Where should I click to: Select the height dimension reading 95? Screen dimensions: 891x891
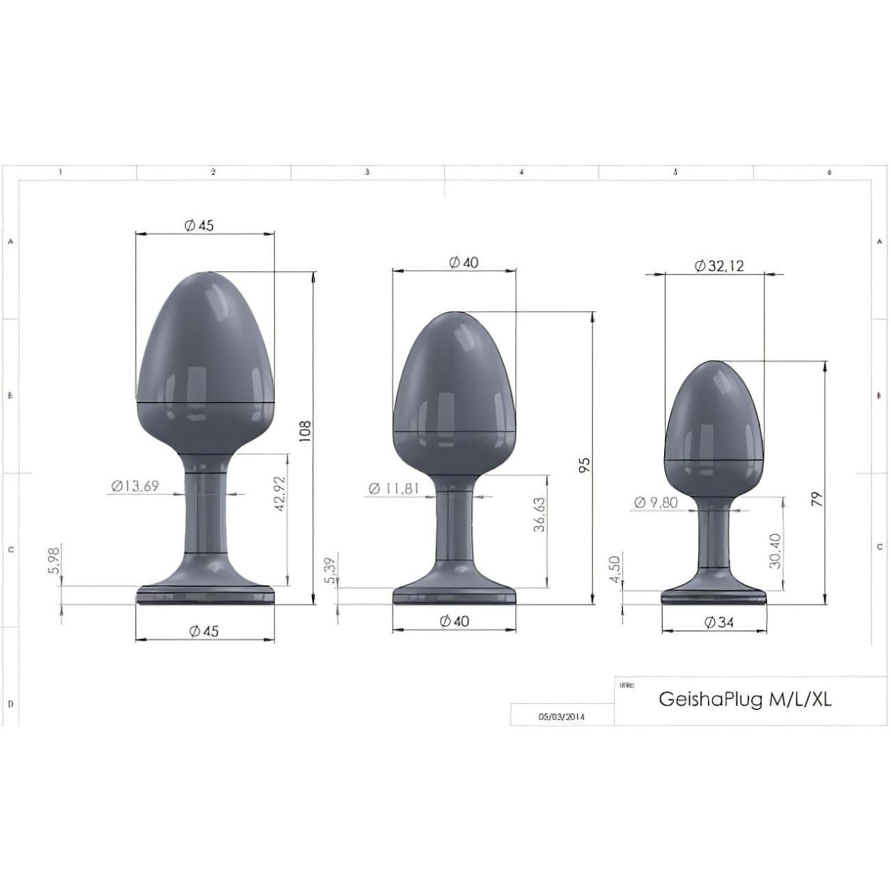585,465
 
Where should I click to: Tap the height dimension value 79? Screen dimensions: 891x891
817,498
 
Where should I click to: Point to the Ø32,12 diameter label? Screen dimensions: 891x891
720,266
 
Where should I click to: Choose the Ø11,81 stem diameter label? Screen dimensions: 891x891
393,488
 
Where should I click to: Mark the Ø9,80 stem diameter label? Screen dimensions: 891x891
656,503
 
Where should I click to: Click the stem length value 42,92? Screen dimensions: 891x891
281,494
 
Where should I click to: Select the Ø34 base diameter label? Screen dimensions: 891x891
719,622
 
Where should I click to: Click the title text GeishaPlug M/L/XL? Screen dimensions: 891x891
745,700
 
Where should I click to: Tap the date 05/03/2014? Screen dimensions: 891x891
562,716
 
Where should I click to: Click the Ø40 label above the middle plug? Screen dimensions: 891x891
464,262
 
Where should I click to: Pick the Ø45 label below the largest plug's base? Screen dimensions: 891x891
203,631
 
